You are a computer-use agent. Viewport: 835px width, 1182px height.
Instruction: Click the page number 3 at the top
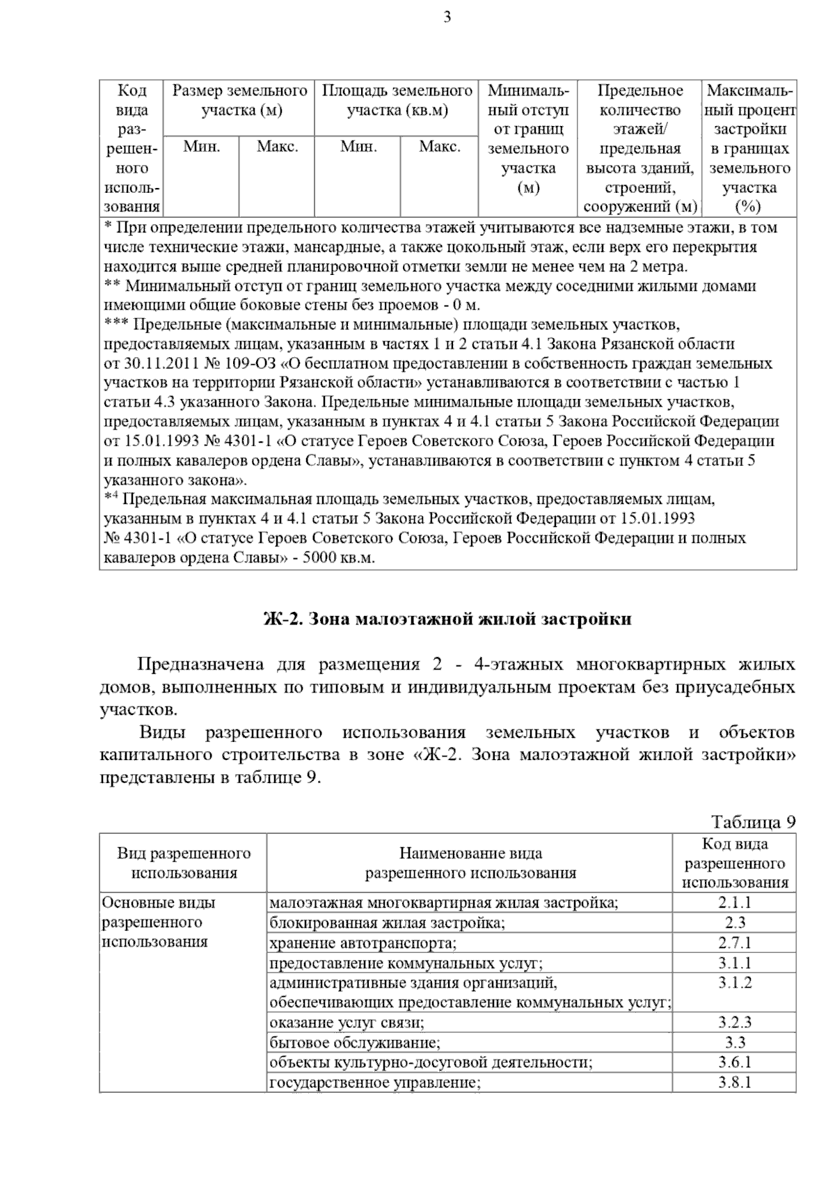[447, 18]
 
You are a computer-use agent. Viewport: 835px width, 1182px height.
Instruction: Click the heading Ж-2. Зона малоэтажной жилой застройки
[447, 619]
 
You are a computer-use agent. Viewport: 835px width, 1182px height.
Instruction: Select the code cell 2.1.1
[734, 903]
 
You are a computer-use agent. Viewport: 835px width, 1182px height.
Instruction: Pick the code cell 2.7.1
[734, 943]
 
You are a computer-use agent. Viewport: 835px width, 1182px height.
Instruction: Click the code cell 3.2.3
[734, 1023]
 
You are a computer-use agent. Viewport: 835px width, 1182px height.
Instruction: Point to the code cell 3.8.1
[734, 1082]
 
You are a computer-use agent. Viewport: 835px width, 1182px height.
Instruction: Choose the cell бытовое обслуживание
[356, 1043]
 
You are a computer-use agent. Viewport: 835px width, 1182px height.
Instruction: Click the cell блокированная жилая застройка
[387, 923]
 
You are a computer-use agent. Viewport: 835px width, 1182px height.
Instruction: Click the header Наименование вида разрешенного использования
[470, 863]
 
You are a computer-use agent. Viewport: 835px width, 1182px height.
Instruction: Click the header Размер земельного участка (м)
[239, 101]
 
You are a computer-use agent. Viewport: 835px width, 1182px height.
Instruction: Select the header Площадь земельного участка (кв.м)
[397, 101]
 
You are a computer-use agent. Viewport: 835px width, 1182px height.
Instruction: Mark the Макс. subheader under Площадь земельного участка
[440, 147]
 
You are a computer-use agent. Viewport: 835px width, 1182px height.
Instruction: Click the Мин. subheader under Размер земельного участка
[201, 147]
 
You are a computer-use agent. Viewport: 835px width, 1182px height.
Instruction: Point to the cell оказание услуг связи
[347, 1023]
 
